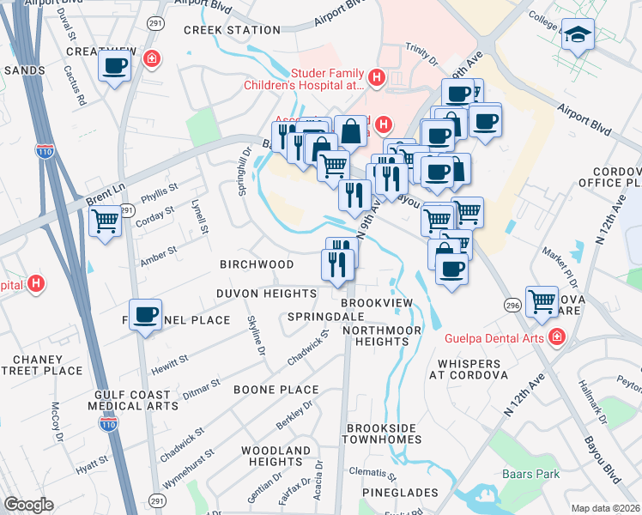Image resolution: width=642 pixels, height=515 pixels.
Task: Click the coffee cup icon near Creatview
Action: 114,66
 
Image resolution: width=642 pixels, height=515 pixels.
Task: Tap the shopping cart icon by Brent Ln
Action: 106,221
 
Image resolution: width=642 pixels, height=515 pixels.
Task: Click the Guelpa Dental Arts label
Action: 494,337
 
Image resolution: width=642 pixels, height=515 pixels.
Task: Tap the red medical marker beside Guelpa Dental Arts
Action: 557,336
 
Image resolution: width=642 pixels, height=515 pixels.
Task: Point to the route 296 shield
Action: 512,305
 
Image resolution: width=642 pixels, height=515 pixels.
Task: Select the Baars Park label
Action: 531,474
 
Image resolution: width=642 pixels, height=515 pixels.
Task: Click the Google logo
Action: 28,505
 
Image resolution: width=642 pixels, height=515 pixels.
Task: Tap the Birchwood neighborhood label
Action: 257,264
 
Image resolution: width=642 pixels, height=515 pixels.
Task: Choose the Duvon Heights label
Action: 266,294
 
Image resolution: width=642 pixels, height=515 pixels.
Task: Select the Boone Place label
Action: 276,389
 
